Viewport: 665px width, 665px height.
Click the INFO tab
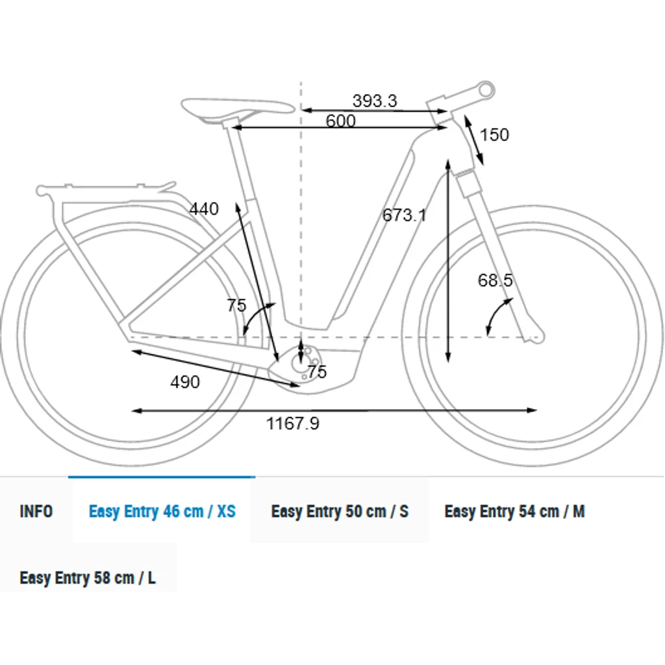pos(36,511)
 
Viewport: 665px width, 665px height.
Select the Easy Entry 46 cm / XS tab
pos(162,511)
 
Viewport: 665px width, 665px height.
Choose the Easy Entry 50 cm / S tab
pos(340,511)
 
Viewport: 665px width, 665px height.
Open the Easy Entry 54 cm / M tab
pos(514,511)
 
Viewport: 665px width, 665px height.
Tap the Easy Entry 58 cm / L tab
pos(88,577)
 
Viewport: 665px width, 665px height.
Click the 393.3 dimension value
pos(375,101)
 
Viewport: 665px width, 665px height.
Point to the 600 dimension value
pos(340,121)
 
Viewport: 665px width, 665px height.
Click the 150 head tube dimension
pos(494,135)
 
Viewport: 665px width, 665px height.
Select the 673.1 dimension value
pos(405,215)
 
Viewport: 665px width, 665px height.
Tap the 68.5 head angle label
pos(495,280)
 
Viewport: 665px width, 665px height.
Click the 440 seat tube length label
pos(204,208)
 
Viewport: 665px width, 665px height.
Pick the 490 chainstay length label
pos(185,382)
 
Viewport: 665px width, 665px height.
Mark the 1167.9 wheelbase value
pos(293,423)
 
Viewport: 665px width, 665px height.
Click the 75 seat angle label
pos(236,305)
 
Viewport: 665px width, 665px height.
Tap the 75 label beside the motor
pos(317,372)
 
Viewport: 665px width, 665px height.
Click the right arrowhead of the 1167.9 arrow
pos(533,410)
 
